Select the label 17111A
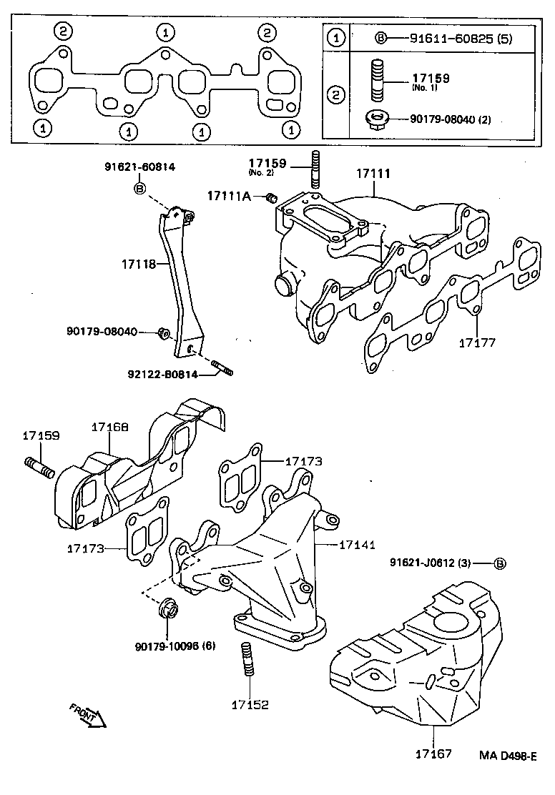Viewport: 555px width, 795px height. [230, 196]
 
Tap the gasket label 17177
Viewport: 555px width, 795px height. [476, 342]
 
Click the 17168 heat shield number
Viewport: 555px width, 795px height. [109, 427]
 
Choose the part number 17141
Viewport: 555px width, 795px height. [358, 545]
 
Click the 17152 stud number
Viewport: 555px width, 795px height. [249, 704]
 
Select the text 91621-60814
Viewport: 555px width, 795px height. [140, 167]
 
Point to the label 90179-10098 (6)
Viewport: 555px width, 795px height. [175, 646]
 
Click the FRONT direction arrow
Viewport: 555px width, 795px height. [88, 714]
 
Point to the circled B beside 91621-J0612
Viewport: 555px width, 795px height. [500, 563]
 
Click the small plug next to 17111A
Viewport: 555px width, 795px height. [270, 197]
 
